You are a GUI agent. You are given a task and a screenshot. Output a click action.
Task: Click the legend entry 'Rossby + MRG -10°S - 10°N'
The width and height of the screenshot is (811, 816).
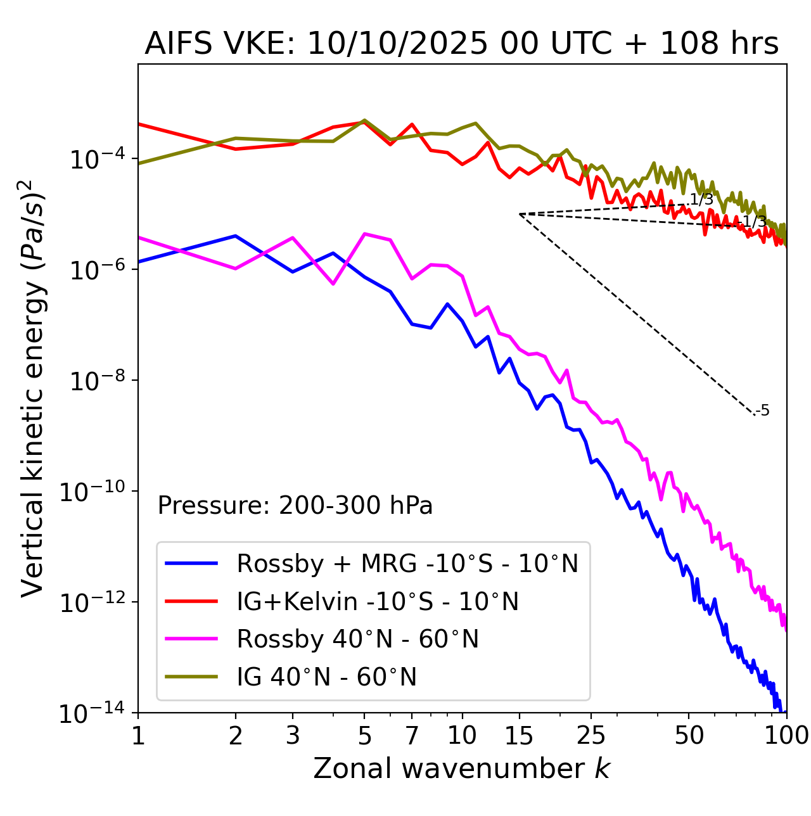(x=407, y=563)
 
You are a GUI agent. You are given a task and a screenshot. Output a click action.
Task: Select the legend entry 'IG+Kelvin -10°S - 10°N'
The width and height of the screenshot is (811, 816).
(x=378, y=601)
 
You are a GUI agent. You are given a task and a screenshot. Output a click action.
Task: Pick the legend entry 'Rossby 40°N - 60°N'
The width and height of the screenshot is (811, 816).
(x=357, y=639)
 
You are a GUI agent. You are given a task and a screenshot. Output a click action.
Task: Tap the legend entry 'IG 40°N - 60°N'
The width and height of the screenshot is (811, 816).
(x=326, y=677)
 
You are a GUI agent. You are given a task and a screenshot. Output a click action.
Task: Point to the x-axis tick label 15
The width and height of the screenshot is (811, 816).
(x=519, y=736)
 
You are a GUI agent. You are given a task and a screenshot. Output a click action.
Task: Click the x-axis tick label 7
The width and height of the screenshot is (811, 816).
(x=412, y=736)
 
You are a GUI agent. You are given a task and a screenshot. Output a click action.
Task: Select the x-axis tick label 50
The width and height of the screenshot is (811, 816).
(x=689, y=736)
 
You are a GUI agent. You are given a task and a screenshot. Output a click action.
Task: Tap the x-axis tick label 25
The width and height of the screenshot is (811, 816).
(x=591, y=736)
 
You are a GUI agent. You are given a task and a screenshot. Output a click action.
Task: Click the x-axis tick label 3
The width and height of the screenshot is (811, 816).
(x=293, y=736)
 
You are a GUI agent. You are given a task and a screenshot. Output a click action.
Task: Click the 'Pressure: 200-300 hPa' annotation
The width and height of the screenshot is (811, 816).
(x=295, y=506)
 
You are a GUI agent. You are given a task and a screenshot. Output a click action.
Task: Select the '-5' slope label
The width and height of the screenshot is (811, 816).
(x=763, y=411)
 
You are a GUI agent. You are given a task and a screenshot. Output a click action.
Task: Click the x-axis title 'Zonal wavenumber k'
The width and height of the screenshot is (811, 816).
(x=461, y=768)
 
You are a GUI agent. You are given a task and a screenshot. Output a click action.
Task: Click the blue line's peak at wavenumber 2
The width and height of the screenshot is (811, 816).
(x=236, y=236)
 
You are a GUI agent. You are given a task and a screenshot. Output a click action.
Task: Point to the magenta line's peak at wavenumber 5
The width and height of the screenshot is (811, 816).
(x=364, y=234)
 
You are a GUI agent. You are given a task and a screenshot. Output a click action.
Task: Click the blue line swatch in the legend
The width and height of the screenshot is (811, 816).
(x=191, y=563)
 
